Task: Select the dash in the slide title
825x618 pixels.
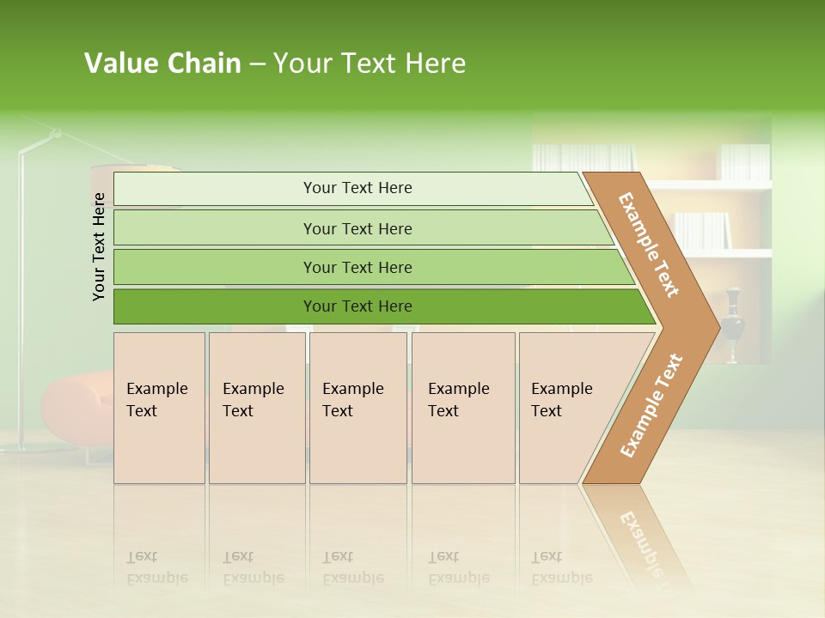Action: pyautogui.click(x=257, y=64)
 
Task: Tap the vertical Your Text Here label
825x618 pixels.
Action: pyautogui.click(x=99, y=246)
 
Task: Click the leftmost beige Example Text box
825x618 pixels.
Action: pyautogui.click(x=159, y=408)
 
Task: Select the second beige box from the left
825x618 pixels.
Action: pyautogui.click(x=257, y=408)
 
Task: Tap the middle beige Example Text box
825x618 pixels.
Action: pyautogui.click(x=357, y=408)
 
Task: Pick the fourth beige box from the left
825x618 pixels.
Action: pyautogui.click(x=463, y=408)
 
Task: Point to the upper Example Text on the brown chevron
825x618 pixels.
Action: pyautogui.click(x=649, y=245)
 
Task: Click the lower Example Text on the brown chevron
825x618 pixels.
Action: pyautogui.click(x=651, y=406)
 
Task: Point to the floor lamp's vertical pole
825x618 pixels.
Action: pyautogui.click(x=21, y=300)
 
